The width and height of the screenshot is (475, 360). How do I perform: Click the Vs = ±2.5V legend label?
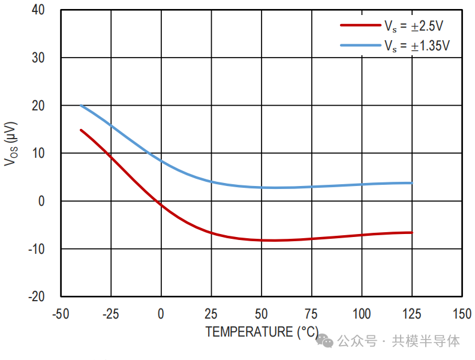414,26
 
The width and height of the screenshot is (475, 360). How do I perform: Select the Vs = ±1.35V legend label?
417,46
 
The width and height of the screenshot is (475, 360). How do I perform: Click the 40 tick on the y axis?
38,10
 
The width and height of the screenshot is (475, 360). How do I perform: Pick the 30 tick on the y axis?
38,58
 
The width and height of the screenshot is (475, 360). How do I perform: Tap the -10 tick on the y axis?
36,248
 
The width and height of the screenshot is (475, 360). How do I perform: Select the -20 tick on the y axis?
36,296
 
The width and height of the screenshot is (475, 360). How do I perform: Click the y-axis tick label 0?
41,201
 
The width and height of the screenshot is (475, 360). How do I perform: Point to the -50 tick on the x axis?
59,314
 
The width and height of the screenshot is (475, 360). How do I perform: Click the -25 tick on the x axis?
110,314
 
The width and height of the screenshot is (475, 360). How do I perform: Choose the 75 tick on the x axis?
311,314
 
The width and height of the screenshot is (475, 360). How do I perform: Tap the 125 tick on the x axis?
411,314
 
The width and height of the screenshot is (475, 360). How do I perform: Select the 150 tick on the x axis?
461,314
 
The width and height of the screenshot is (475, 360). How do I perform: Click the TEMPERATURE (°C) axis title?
262,332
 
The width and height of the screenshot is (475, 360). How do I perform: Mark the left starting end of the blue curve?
81,106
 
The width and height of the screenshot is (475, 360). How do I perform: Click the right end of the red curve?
412,232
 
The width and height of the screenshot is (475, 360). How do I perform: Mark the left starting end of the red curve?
81,130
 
